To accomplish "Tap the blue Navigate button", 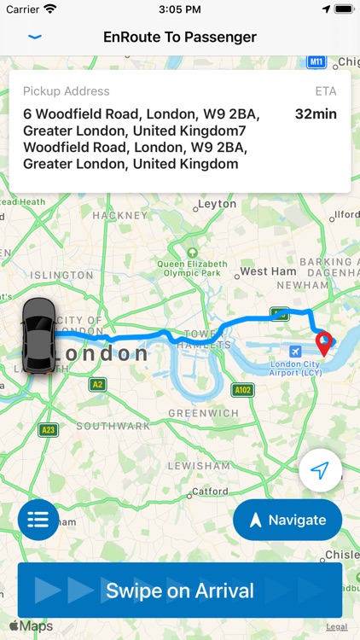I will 287,520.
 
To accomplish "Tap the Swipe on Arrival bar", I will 180,591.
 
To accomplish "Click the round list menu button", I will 38,520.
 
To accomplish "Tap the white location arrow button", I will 320,471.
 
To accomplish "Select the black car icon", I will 38,335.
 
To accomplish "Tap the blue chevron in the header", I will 35,38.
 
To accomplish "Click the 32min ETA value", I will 316,113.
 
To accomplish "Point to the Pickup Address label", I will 67,91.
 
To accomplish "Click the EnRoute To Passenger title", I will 180,38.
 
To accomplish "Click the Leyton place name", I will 217,205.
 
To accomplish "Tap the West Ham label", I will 268,271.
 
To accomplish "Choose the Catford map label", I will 210,492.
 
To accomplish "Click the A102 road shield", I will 243,389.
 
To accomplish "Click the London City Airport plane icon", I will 295,352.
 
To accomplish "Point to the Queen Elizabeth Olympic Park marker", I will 193,253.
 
